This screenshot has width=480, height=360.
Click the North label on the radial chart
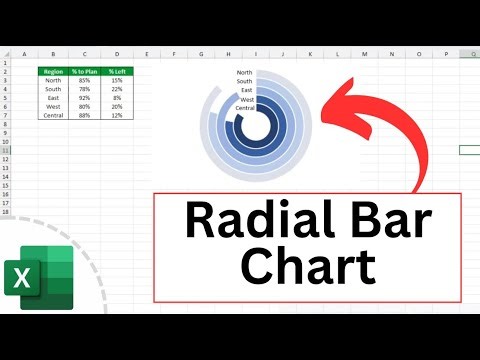(x=245, y=73)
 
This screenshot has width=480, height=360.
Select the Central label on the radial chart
(x=244, y=108)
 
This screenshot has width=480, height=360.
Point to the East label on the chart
(x=247, y=91)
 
